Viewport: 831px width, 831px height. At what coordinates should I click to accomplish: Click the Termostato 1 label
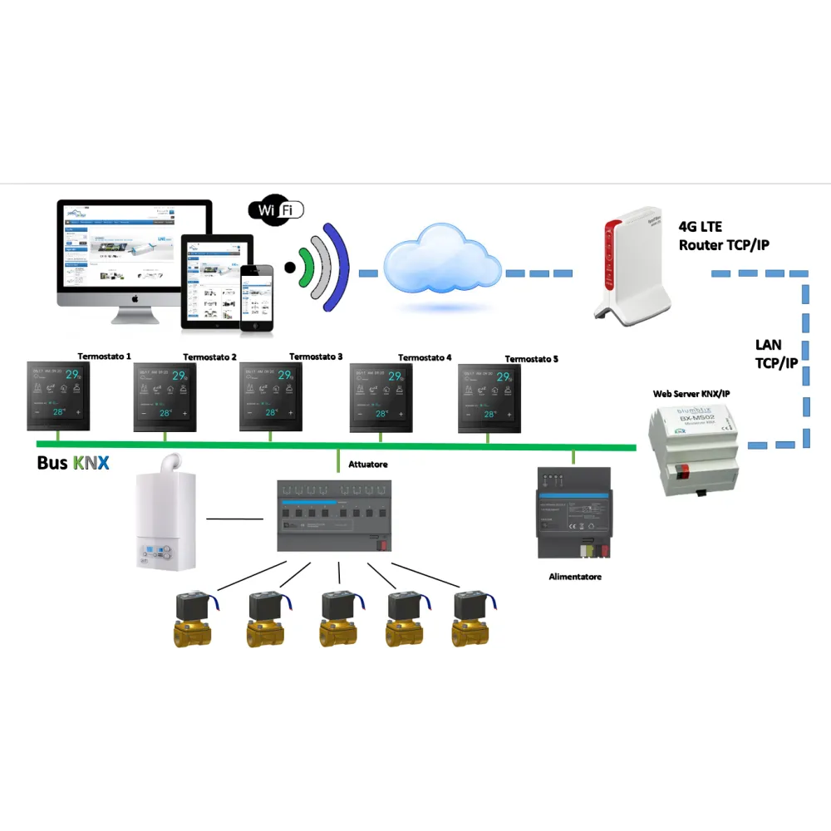point(105,355)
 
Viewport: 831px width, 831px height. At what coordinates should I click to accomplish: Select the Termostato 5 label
point(531,359)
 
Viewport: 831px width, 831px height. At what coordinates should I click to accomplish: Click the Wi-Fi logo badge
point(276,211)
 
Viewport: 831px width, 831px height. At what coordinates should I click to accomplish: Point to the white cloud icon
point(441,266)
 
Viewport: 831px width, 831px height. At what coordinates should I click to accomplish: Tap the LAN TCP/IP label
point(775,353)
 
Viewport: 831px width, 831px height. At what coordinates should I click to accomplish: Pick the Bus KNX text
point(73,463)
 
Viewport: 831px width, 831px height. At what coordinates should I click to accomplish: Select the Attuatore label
point(368,464)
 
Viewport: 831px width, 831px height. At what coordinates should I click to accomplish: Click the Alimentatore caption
point(574,576)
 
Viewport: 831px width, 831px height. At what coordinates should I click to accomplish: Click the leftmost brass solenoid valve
point(193,621)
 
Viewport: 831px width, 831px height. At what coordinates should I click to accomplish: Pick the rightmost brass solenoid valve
point(475,621)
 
